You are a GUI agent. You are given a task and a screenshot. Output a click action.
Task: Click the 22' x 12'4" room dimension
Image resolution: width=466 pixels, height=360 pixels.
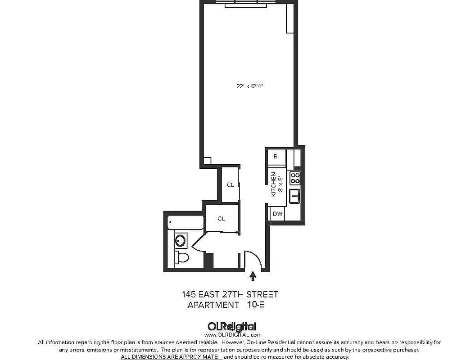pos(249,86)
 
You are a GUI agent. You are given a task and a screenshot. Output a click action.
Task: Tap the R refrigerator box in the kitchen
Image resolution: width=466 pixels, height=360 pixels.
pos(276,157)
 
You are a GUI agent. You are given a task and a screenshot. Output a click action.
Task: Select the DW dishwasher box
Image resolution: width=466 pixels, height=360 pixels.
pos(277,214)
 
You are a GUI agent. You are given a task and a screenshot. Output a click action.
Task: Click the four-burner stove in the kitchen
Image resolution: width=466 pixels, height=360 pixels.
pos(295,178)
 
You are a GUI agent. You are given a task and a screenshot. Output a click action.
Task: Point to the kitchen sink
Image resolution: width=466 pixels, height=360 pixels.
pos(294,196)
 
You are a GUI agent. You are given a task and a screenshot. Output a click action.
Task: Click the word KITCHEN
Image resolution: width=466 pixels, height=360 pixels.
pos(273,184)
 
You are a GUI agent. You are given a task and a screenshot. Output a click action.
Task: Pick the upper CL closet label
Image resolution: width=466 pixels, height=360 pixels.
pos(230,184)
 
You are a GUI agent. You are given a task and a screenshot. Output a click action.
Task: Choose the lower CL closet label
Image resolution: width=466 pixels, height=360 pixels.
pos(221,219)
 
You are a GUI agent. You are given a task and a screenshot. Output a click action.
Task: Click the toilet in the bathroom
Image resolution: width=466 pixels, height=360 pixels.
pos(181,257)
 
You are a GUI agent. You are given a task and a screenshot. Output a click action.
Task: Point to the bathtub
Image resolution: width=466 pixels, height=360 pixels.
pos(185,222)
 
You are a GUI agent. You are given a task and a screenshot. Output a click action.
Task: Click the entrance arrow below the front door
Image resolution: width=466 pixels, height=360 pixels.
pos(253,275)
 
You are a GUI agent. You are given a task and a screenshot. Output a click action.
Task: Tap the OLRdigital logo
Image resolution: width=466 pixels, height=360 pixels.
pos(232,327)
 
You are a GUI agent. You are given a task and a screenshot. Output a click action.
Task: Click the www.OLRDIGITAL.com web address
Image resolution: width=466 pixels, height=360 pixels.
pos(233,335)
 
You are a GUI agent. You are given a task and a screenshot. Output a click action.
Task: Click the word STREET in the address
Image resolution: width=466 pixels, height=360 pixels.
pos(263,294)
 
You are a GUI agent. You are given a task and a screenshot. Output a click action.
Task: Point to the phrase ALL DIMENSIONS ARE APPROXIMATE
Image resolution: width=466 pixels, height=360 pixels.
pos(171,356)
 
